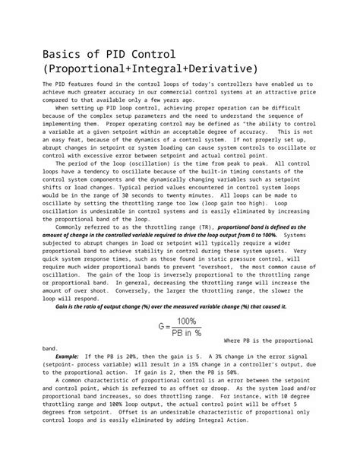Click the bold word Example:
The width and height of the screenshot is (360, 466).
coord(66,356)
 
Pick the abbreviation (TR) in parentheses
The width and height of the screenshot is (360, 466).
coord(203,227)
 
